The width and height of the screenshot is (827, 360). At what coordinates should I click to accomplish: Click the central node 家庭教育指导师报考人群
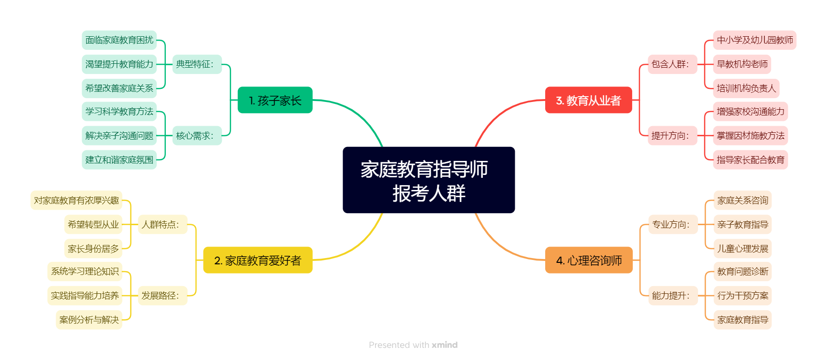coord(429,180)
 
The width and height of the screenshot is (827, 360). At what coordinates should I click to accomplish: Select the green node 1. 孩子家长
coord(275,100)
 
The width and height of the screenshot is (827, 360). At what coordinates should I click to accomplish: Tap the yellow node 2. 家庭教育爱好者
coord(258,260)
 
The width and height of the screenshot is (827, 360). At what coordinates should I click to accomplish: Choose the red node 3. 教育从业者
coord(589,100)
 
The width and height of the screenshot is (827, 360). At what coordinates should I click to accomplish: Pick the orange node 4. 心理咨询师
coord(589,260)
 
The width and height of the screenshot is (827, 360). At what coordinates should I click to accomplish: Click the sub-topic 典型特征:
coord(197,64)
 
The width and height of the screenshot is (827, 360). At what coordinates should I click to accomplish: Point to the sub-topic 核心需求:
coord(197,135)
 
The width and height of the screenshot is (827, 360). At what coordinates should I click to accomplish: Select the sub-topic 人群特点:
coord(162,224)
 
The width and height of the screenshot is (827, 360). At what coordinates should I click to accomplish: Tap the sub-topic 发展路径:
coord(162,295)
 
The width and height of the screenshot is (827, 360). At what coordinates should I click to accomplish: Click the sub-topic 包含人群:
coord(672,64)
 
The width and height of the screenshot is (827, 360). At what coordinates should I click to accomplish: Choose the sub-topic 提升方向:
coord(672,135)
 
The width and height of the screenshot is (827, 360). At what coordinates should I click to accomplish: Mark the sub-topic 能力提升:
coord(673,295)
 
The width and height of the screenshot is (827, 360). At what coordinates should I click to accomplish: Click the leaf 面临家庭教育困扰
coord(119,40)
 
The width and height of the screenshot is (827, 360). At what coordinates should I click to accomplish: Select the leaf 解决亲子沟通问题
coord(119,135)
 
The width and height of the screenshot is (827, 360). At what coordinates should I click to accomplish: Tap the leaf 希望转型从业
coord(93,224)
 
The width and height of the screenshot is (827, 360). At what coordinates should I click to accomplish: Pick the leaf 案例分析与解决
coord(89,319)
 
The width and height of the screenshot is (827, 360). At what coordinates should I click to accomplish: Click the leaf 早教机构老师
coord(742,64)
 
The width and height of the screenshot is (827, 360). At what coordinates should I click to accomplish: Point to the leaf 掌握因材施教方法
coord(751,135)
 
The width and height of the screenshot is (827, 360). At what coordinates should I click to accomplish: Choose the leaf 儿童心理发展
coord(742,248)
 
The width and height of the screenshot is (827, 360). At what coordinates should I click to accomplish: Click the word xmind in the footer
coord(445,345)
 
